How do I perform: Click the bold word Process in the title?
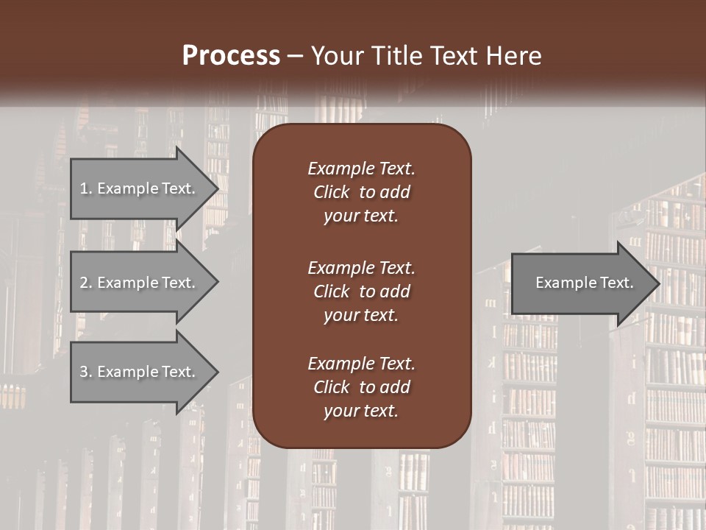[x=231, y=55]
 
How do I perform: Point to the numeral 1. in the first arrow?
[x=86, y=188]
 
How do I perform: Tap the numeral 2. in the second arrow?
[x=86, y=283]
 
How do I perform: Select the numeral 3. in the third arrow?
[x=86, y=372]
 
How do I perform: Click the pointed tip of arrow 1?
[x=215, y=188]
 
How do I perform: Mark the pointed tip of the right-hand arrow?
[x=657, y=283]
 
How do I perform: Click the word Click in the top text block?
[x=332, y=192]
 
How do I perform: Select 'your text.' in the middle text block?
[x=361, y=315]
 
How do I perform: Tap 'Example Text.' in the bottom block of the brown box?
[x=361, y=363]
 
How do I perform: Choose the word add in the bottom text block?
[x=396, y=387]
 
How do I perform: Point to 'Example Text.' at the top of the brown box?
[x=361, y=169]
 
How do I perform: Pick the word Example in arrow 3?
[x=126, y=372]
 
